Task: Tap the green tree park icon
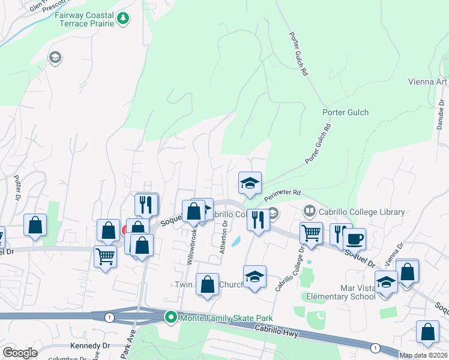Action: click(123, 18)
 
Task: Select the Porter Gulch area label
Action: click(345, 112)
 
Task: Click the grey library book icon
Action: click(310, 211)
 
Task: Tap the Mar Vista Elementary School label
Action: click(340, 292)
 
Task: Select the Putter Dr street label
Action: click(17, 187)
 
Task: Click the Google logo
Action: click(20, 353)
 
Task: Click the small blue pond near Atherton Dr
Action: click(235, 242)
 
